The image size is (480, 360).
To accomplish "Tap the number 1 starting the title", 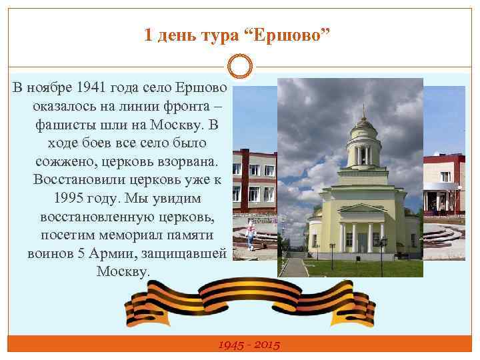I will pyautogui.click(x=149, y=35).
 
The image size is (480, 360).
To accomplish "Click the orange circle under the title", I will pyautogui.click(x=240, y=67).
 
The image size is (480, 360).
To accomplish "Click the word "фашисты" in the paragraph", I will pyautogui.click(x=61, y=125).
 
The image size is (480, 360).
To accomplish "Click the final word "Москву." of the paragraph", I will pyautogui.click(x=124, y=272).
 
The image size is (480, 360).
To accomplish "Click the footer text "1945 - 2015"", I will pyautogui.click(x=249, y=345).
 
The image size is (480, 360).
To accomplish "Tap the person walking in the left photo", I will pyautogui.click(x=251, y=235).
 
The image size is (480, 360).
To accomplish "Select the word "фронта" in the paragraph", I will pyautogui.click(x=193, y=107).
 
